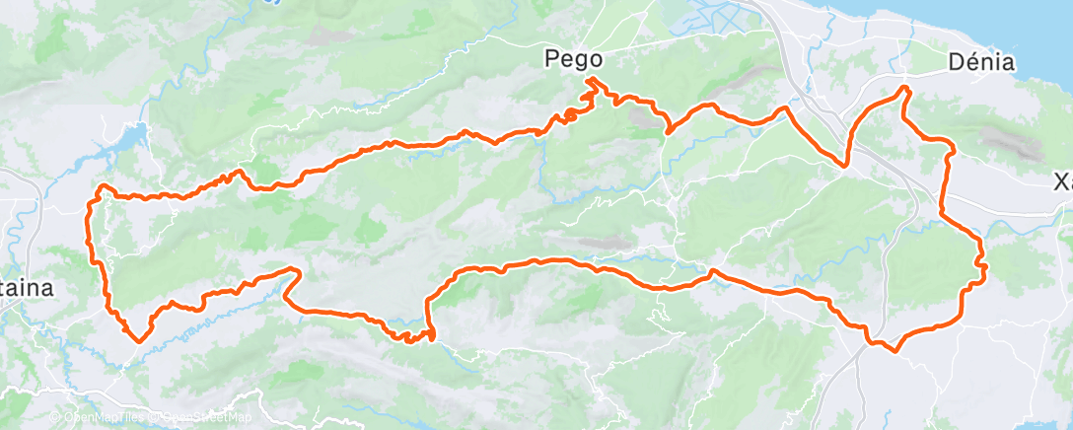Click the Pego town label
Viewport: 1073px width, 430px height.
[x=572, y=60]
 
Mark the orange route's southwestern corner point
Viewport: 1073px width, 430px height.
[x=137, y=340]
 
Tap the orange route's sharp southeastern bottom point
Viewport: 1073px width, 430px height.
[x=895, y=350]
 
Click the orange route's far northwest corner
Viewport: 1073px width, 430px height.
[x=102, y=186]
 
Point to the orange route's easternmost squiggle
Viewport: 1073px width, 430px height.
[x=982, y=263]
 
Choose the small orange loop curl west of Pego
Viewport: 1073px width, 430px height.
[x=569, y=116]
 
